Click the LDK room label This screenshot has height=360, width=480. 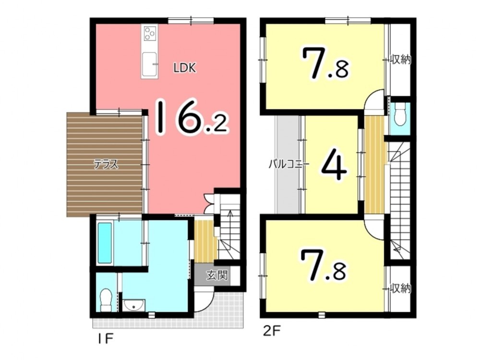pos(185,68)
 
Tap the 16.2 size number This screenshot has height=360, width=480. pos(192,117)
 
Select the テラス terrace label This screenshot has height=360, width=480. pos(106,165)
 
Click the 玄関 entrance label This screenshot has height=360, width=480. pos(217,275)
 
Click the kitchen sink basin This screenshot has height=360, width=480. pos(149,64)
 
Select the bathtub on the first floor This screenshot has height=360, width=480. pos(104,243)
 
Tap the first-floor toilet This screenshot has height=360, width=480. pos(106,301)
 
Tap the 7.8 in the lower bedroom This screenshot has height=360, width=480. pos(324,265)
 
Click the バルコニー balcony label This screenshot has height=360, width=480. pos(289,164)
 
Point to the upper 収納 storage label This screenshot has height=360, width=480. pos(400,60)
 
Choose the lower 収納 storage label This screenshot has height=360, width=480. pos(400,288)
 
